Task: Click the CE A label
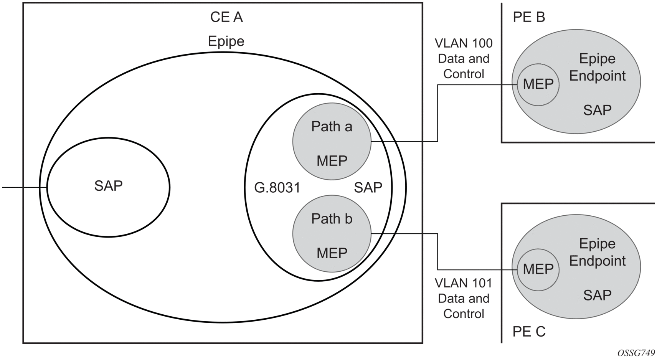pyautogui.click(x=226, y=17)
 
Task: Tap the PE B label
pyautogui.click(x=529, y=17)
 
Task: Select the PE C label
pyautogui.click(x=529, y=331)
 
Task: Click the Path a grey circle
pyautogui.click(x=332, y=142)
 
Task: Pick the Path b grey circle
pyautogui.click(x=332, y=234)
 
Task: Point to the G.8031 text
pyautogui.click(x=277, y=188)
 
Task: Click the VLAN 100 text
pyautogui.click(x=464, y=43)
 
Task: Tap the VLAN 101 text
pyautogui.click(x=464, y=283)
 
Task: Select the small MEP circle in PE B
pyautogui.click(x=538, y=84)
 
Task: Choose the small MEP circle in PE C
pyautogui.click(x=538, y=269)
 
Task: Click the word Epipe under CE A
pyautogui.click(x=226, y=41)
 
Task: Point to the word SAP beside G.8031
pyautogui.click(x=368, y=188)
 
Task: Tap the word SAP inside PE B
pyautogui.click(x=597, y=110)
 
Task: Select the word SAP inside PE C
pyautogui.click(x=597, y=295)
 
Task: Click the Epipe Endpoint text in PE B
pyautogui.click(x=597, y=67)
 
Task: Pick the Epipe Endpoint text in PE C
pyautogui.click(x=597, y=252)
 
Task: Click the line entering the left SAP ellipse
pyautogui.click(x=23, y=187)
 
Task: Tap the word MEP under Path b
pyautogui.click(x=332, y=253)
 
